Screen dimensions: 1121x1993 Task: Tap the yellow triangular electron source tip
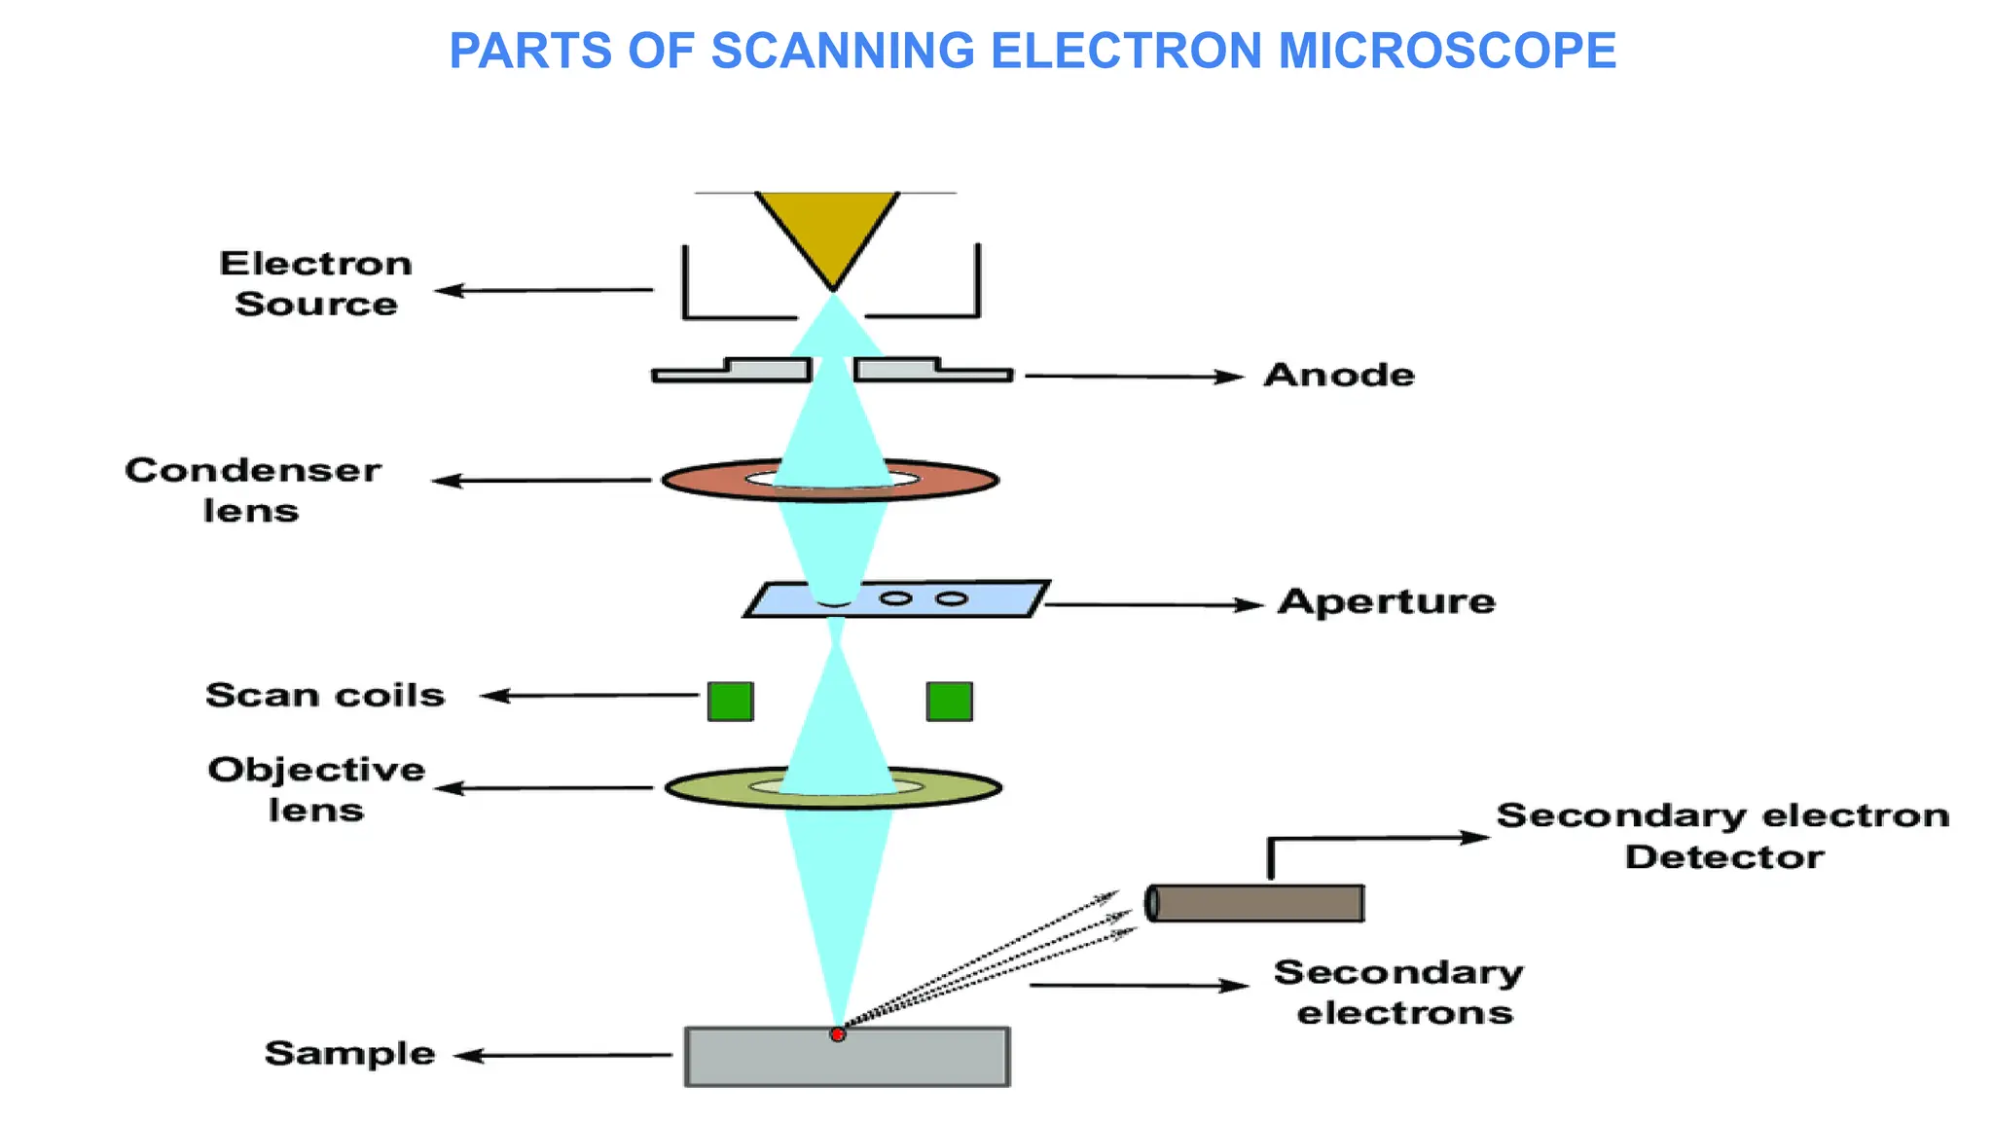click(828, 230)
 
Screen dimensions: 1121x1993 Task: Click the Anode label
click(1339, 375)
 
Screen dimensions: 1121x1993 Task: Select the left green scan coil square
click(730, 701)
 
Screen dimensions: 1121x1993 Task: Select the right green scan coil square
click(949, 701)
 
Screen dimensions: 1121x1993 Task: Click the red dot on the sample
click(837, 1034)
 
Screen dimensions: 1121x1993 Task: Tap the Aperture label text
click(1387, 601)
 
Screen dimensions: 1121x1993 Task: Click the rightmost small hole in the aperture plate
click(952, 598)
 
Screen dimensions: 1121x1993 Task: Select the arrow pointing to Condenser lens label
click(541, 481)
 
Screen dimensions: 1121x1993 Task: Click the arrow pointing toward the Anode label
click(1134, 376)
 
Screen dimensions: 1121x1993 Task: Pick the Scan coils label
click(325, 695)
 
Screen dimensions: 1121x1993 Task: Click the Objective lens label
click(316, 789)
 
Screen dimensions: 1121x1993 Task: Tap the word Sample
click(349, 1053)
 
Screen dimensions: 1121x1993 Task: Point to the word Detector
click(1723, 857)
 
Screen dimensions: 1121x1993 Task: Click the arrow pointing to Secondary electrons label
click(1139, 986)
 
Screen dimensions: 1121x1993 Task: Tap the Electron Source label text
click(316, 283)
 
